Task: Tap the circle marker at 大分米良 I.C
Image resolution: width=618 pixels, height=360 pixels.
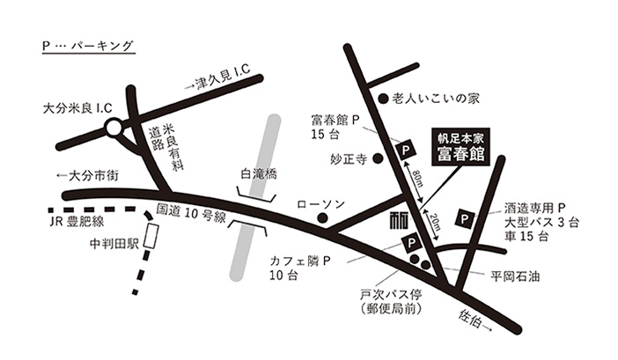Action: pyautogui.click(x=114, y=129)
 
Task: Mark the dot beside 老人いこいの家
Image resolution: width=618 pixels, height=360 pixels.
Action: pyautogui.click(x=383, y=99)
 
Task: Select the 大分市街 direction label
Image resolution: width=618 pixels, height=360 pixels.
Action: pyautogui.click(x=89, y=174)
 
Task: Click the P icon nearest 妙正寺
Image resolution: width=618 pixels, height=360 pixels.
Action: pyautogui.click(x=406, y=151)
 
